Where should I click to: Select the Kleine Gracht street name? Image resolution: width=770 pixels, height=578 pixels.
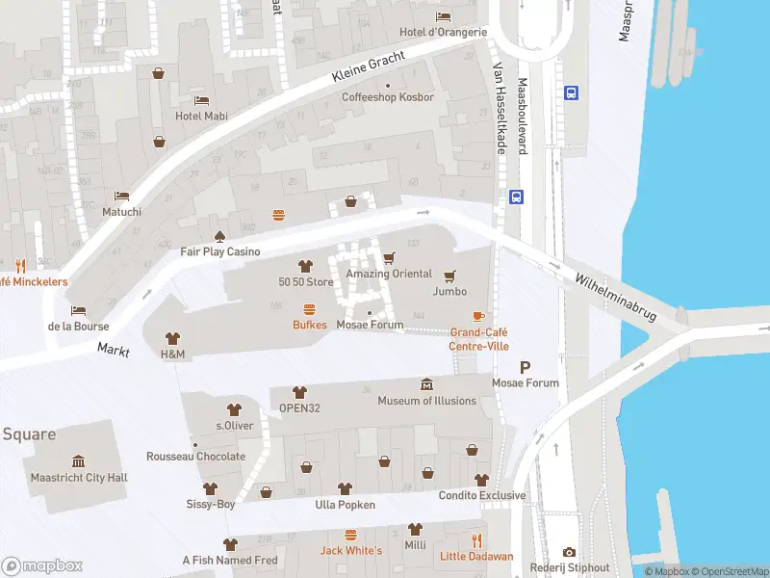(x=369, y=64)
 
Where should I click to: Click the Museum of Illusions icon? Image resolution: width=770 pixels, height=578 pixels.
(x=426, y=385)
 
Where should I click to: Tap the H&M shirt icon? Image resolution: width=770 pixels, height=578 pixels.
(x=172, y=338)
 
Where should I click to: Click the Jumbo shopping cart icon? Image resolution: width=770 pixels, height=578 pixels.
(x=449, y=276)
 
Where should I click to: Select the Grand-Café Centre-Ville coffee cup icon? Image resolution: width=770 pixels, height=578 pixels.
(x=478, y=316)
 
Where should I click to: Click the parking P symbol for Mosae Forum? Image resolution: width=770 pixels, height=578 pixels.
(x=525, y=367)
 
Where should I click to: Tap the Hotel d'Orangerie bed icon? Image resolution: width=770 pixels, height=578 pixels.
(x=443, y=16)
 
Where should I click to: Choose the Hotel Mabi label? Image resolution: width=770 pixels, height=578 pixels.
(x=201, y=116)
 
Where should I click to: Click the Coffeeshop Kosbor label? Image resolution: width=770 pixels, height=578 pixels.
(x=388, y=97)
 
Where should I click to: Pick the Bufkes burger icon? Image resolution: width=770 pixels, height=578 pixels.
(x=310, y=309)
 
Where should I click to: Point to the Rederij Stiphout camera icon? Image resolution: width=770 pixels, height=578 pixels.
(x=570, y=552)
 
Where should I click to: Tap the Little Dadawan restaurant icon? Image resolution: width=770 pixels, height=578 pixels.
(x=476, y=540)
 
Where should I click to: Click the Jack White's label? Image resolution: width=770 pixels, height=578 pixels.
(x=351, y=550)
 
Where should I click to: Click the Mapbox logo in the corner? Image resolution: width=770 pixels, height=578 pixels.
(x=42, y=565)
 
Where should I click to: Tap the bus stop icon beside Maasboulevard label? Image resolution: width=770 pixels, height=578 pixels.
(x=571, y=93)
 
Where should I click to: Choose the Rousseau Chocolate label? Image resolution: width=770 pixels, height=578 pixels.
(x=195, y=457)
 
